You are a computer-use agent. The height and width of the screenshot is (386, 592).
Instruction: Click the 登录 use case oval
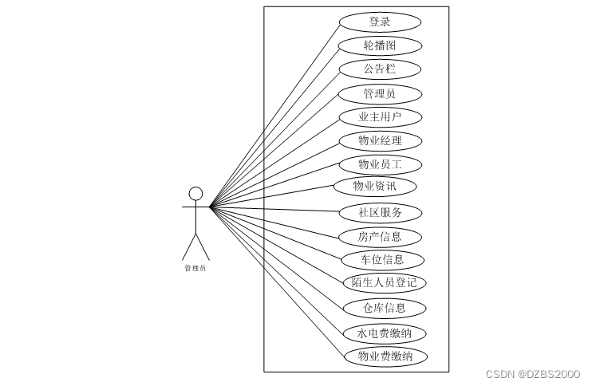380,22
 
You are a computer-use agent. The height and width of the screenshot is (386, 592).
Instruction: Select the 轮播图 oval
380,45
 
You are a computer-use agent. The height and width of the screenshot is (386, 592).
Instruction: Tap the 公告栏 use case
380,69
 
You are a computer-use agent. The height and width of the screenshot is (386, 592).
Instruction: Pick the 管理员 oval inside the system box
380,93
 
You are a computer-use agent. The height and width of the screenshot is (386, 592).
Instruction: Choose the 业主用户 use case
380,117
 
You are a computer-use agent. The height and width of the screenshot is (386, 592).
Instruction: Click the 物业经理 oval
380,141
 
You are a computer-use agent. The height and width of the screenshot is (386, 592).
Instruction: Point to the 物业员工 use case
380,164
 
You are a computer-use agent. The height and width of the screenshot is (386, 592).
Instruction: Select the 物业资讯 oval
374,187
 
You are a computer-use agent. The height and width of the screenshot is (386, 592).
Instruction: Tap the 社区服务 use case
380,213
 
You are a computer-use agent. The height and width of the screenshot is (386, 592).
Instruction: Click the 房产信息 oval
380,236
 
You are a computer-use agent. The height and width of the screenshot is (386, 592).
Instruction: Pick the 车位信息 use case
382,259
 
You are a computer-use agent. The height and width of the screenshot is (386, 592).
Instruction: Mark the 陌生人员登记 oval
384,282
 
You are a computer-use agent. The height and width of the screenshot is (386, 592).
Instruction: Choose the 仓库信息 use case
384,308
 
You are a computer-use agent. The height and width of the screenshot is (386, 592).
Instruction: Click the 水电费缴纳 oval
384,333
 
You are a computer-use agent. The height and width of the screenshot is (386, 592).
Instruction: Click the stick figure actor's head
195,193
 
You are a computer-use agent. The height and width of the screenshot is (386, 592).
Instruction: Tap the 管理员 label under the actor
195,268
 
